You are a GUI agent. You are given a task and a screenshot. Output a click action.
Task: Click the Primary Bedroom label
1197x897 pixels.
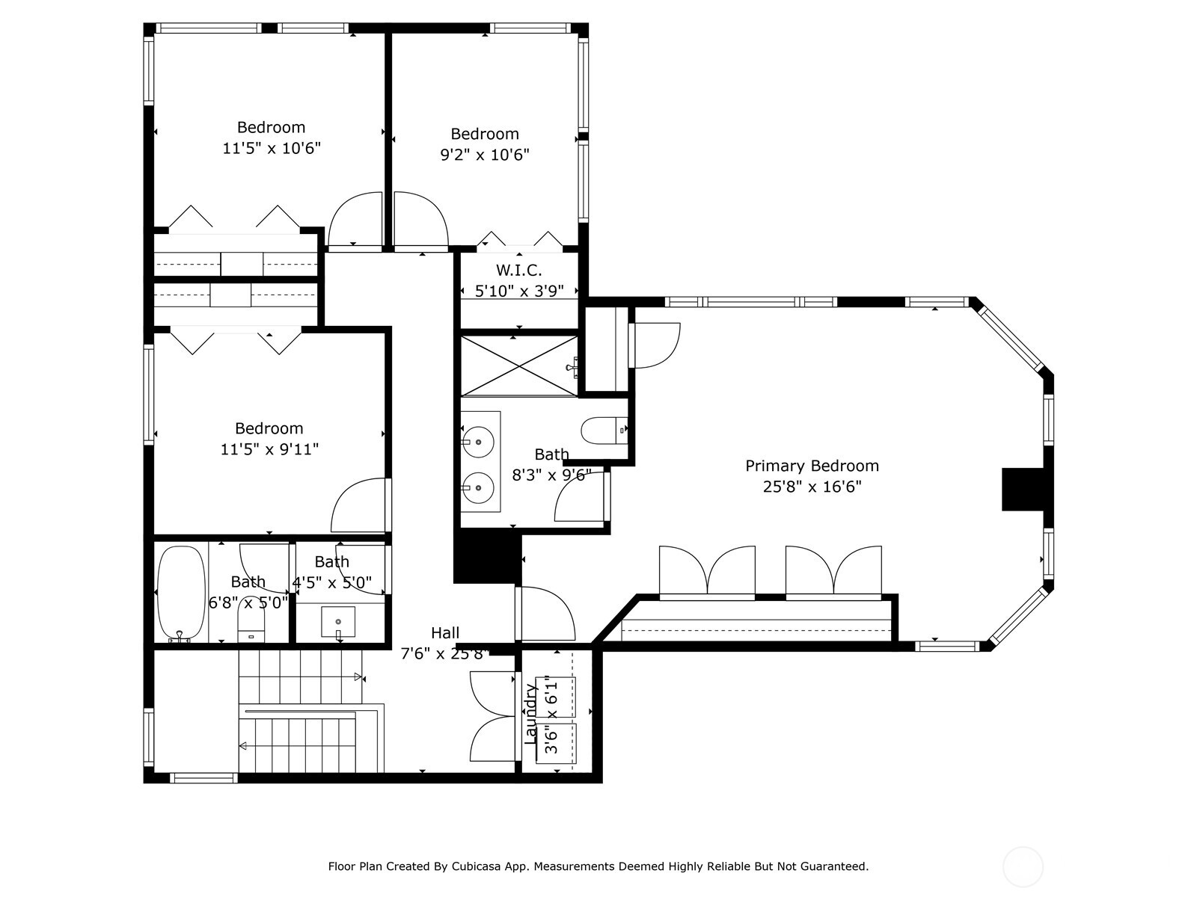[812, 466]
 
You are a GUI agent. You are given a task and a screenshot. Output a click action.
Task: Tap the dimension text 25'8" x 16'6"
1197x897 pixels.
[812, 487]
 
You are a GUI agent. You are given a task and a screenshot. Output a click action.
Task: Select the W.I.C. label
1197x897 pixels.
[518, 270]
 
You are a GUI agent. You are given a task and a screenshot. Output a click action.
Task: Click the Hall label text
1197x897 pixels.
[445, 633]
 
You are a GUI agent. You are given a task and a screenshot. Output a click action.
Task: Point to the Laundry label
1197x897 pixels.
[530, 713]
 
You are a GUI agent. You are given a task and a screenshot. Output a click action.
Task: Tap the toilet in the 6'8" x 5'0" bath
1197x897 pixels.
[251, 626]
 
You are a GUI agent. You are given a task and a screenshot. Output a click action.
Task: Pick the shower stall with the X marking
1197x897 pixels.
[518, 366]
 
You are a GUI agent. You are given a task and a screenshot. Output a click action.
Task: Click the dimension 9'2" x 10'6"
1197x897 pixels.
[484, 155]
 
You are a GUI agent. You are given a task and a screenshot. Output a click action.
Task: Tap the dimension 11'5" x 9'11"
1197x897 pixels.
[269, 449]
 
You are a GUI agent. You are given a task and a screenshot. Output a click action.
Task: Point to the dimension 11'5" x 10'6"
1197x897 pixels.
[272, 148]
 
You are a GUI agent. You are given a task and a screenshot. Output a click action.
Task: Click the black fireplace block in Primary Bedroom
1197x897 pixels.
[1023, 489]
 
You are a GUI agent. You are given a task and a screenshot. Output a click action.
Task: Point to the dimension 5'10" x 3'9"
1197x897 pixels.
[518, 292]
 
